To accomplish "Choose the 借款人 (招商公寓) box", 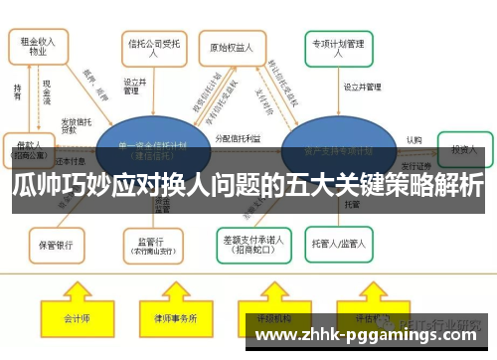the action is coord(31,146).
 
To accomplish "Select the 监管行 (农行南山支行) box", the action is coord(153,243).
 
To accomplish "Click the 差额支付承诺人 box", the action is coord(248,242).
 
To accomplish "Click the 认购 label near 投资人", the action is coord(414,140).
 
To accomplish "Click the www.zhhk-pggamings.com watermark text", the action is coord(368,335).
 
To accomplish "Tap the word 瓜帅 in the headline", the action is coord(33,188).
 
